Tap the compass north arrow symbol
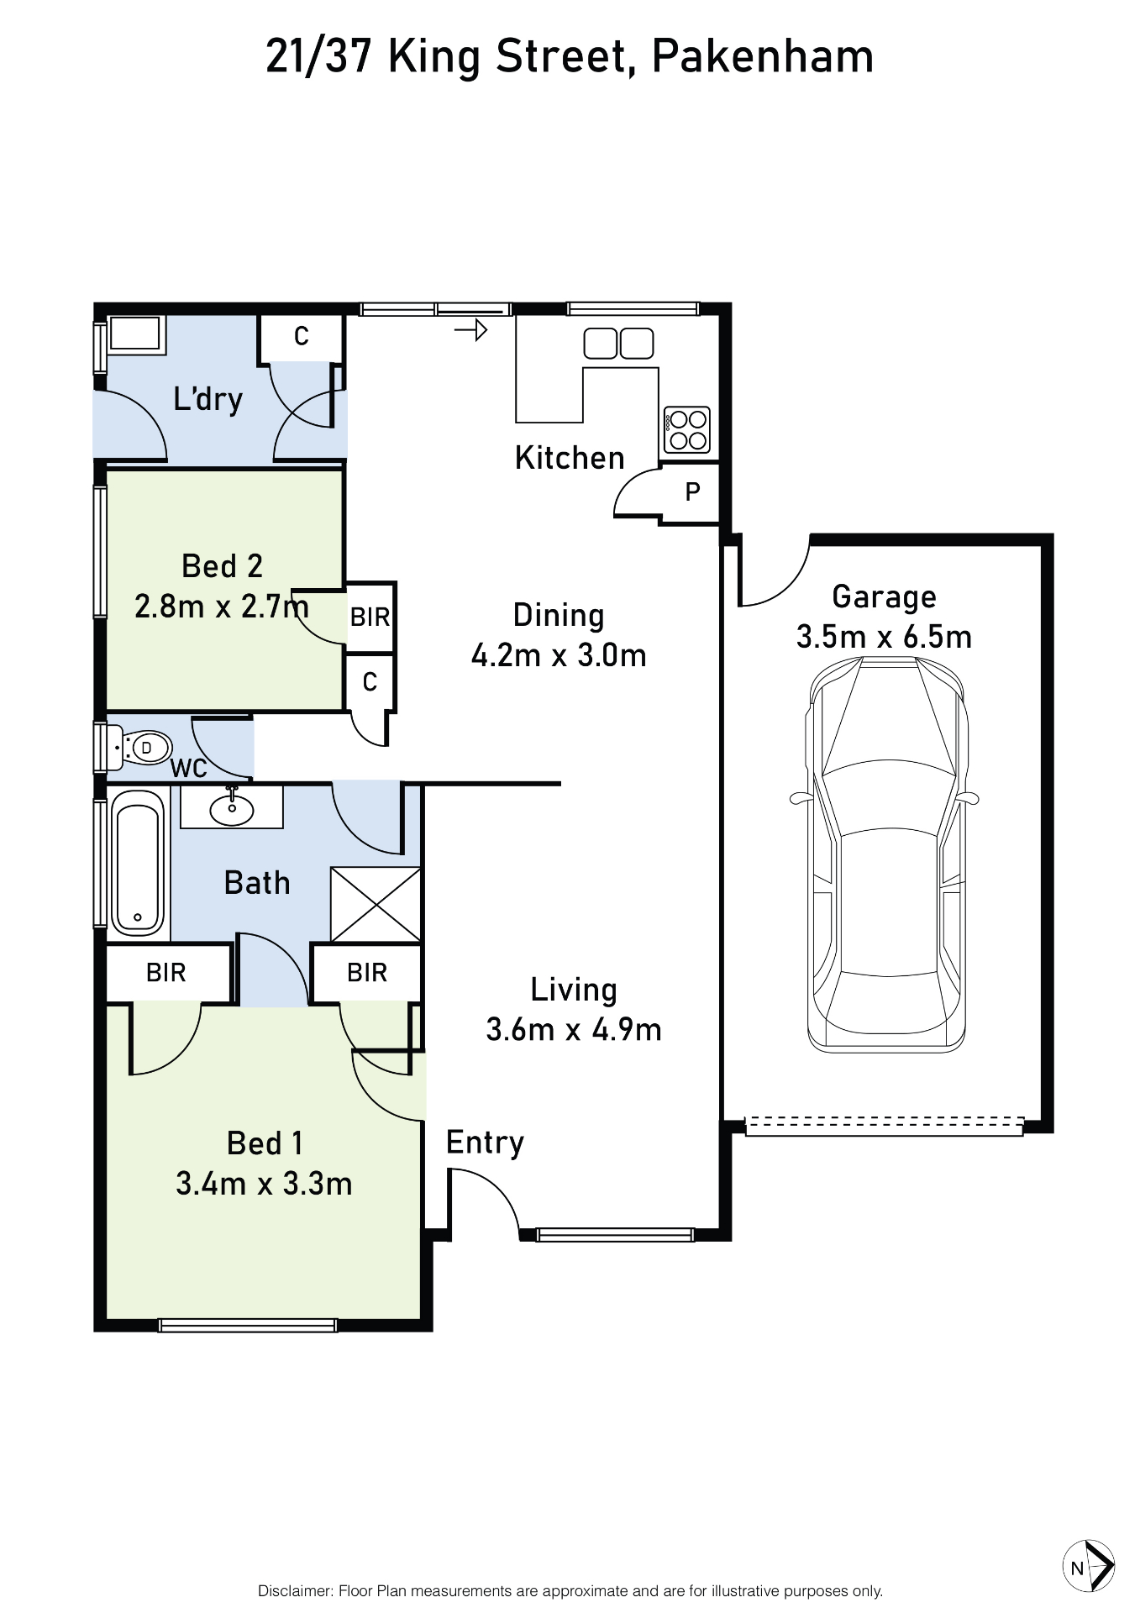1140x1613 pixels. click(x=1089, y=1567)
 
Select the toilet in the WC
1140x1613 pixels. click(x=144, y=747)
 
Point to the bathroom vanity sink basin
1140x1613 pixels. click(x=232, y=809)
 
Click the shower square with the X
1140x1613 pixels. click(x=376, y=904)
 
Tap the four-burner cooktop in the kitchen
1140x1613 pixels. click(x=687, y=429)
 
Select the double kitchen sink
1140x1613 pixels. click(x=618, y=344)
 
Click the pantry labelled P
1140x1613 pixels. click(x=692, y=492)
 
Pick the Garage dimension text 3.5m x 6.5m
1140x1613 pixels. click(x=884, y=637)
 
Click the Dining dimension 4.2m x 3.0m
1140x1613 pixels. click(x=559, y=655)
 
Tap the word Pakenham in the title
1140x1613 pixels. click(x=762, y=57)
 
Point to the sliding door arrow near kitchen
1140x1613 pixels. click(x=471, y=330)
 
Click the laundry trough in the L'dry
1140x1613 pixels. click(x=134, y=334)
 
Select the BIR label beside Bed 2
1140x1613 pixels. click(x=370, y=617)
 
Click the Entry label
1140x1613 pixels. click(x=485, y=1143)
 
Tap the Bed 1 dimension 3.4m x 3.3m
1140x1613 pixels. click(x=264, y=1184)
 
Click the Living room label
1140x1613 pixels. click(x=574, y=990)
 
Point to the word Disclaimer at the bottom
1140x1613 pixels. click(x=294, y=1591)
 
